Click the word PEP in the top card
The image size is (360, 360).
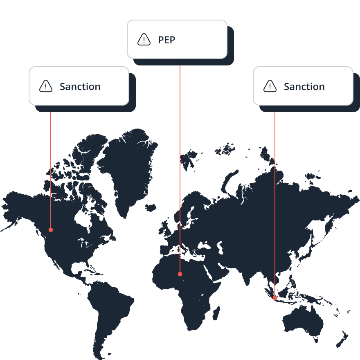click(166, 40)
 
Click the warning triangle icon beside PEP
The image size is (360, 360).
click(144, 40)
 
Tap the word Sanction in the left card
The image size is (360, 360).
click(80, 87)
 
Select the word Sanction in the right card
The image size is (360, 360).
click(304, 87)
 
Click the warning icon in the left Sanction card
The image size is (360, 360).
click(46, 86)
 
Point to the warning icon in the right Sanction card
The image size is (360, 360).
click(270, 86)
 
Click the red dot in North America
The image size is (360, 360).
click(51, 230)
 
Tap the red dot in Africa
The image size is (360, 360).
click(180, 274)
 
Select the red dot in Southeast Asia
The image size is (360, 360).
click(275, 298)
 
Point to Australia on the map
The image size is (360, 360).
click(303, 320)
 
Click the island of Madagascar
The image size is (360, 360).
click(216, 313)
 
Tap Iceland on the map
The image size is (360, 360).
click(151, 208)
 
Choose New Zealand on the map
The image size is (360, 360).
click(342, 340)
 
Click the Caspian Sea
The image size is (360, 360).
click(220, 248)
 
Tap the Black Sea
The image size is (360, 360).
click(204, 246)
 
